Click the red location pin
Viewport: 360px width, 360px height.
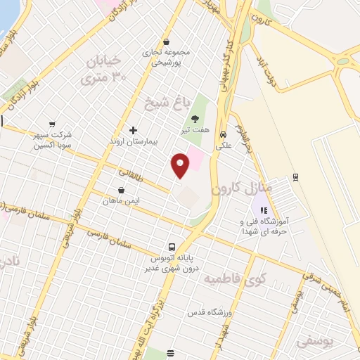(x=181, y=165)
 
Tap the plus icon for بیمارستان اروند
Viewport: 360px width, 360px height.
(x=134, y=130)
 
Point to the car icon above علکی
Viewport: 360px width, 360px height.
(x=223, y=134)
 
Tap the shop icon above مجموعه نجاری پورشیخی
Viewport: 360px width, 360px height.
(x=166, y=41)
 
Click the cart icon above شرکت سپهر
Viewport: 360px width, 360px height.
(x=51, y=124)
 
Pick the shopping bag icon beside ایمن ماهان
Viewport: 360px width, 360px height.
(x=122, y=190)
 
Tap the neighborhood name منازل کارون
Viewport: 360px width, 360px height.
(x=236, y=188)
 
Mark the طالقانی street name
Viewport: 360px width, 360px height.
(x=131, y=172)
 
